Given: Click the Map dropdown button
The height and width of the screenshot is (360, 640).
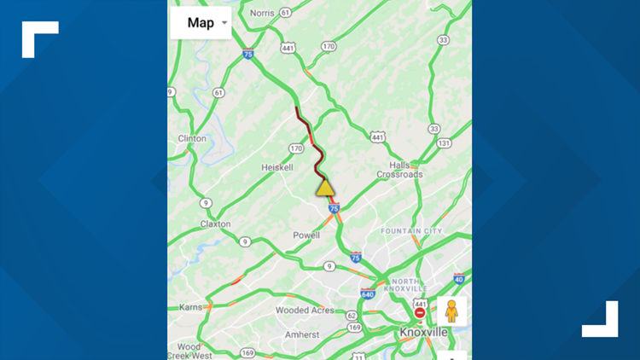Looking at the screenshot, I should pos(201,23).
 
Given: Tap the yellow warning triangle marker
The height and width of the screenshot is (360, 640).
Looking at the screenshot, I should pos(325,187).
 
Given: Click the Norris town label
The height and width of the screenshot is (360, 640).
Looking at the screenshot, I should pos(262,13).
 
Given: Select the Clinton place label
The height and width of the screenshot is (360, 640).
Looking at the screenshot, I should pos(192,138).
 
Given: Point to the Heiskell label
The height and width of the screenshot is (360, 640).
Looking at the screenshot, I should pos(277,167).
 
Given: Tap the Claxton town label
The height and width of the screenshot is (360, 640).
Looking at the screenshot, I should pos(215,224).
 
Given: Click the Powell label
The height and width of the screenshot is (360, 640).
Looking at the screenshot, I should pos(305,235).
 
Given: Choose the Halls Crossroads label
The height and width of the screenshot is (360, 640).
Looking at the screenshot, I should pos(400,169).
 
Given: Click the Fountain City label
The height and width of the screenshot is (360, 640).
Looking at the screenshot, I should pos(411,231).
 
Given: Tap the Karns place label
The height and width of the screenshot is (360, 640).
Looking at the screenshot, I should pos(190,306).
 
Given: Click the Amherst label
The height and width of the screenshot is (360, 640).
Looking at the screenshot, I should pos(302,335).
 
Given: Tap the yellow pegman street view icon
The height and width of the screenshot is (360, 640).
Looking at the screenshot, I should pos(451,311).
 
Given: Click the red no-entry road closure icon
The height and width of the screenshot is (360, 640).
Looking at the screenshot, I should pos(420,313).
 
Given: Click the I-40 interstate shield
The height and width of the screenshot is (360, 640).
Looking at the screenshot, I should pos(459,278).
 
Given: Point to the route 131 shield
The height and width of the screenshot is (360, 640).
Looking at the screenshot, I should pos(444,143).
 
